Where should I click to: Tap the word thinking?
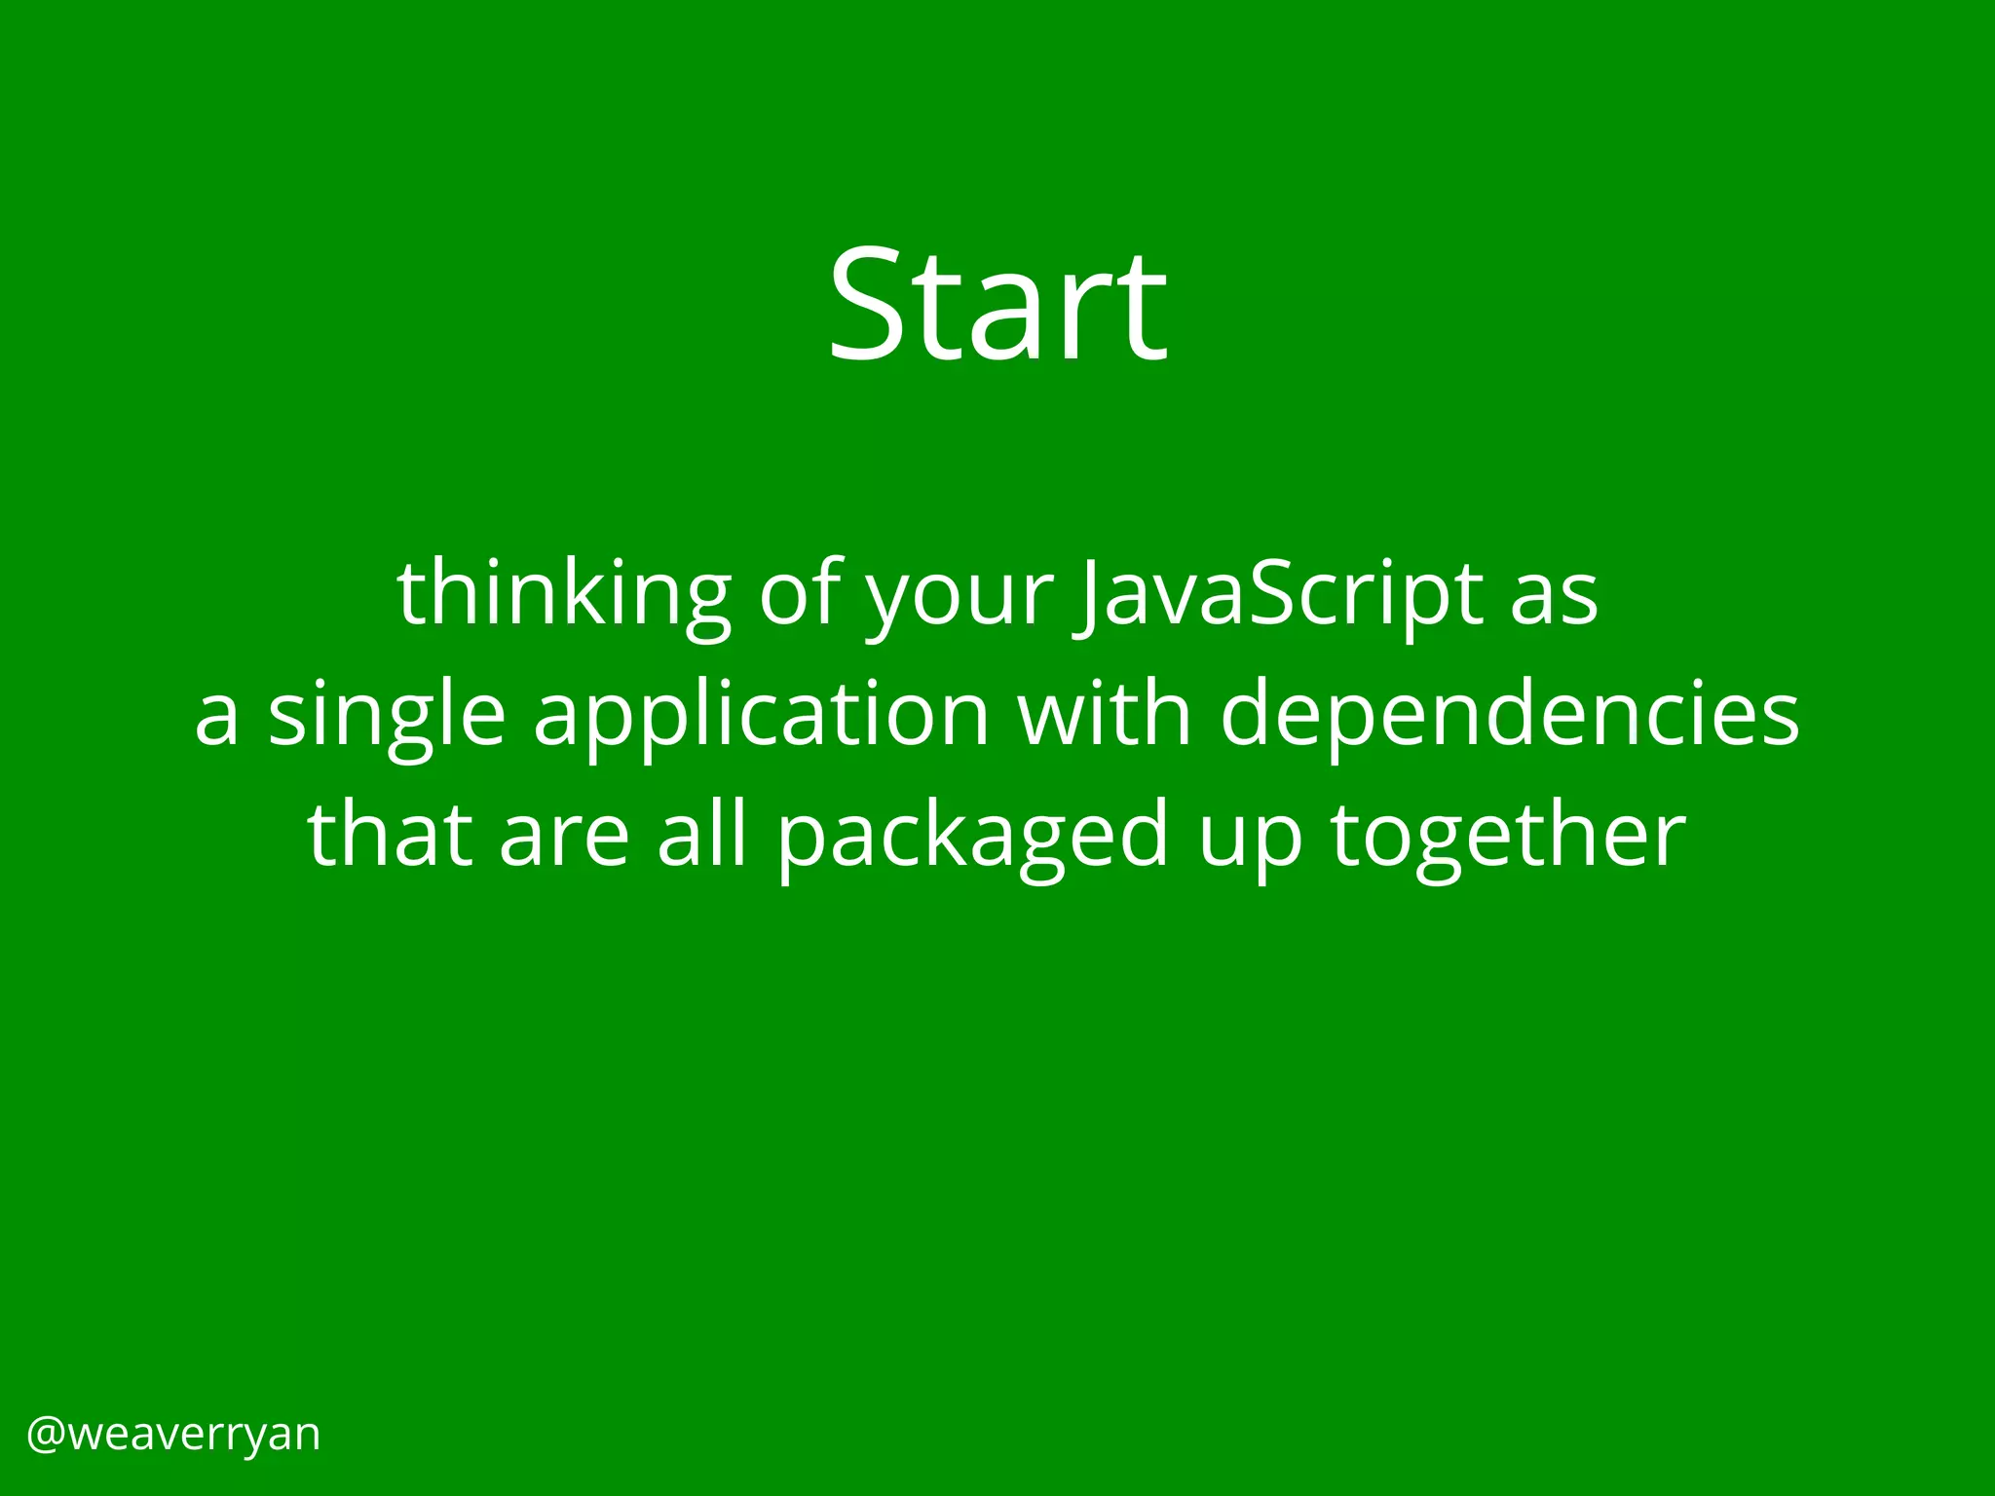pyautogui.click(x=564, y=594)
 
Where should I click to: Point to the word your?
pyautogui.click(x=960, y=599)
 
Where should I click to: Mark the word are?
pyautogui.click(x=564, y=839)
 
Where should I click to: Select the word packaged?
pyautogui.click(x=971, y=839)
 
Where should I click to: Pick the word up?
pyautogui.click(x=1250, y=842)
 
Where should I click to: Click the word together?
pyautogui.click(x=1508, y=839)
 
